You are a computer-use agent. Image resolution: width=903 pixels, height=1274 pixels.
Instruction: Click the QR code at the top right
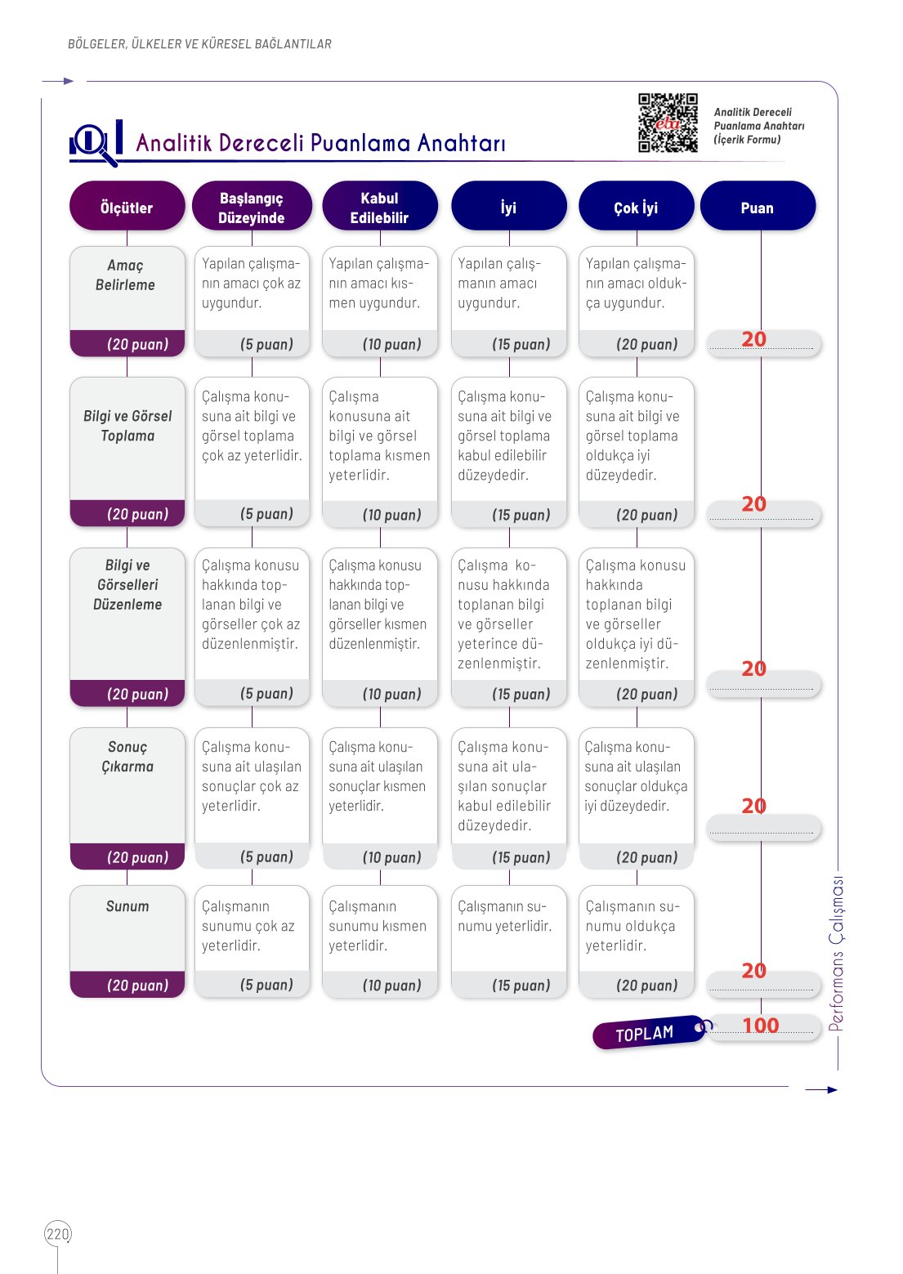point(668,123)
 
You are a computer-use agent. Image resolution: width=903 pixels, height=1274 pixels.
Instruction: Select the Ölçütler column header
point(127,206)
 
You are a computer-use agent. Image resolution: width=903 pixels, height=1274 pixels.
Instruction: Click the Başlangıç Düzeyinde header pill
point(252,206)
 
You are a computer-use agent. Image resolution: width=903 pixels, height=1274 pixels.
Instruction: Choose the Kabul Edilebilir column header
point(380,206)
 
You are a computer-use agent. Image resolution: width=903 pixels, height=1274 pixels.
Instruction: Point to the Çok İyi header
point(637,206)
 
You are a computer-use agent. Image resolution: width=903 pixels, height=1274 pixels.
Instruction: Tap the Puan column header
point(758,206)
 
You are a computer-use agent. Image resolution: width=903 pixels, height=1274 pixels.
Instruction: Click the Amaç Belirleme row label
point(125,275)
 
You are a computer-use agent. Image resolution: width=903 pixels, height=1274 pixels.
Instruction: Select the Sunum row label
point(127,906)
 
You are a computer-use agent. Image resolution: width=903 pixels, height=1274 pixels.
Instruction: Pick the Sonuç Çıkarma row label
point(127,757)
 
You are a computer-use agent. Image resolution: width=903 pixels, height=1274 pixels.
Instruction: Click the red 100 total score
point(761,1025)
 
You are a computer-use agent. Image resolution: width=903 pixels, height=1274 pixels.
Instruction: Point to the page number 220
point(57,1234)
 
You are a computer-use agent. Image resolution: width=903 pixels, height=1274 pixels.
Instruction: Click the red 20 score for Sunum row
point(754,970)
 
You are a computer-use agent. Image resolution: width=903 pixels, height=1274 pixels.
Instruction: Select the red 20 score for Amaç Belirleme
point(754,339)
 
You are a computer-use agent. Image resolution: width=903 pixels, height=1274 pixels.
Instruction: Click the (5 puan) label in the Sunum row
point(266,985)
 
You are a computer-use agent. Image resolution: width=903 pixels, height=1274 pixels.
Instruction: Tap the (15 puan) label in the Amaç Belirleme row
point(521,344)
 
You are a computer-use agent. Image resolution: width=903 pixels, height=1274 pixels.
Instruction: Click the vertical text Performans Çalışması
point(836,954)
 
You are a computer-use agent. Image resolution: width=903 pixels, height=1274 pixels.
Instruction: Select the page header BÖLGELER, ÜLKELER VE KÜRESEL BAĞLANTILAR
point(199,44)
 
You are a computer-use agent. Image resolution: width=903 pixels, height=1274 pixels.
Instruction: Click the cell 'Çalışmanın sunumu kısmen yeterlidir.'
point(378,925)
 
